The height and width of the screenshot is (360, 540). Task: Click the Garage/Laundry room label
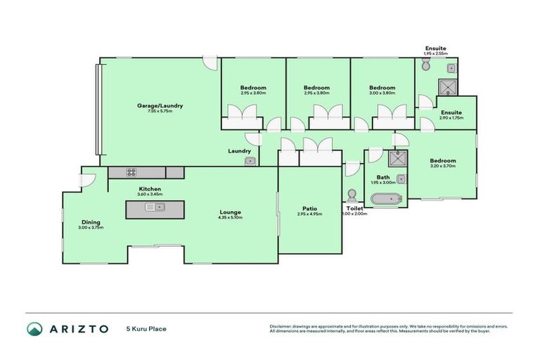point(160,105)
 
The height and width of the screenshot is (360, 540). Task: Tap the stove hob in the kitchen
point(131,172)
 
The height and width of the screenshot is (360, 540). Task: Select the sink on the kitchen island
point(153,207)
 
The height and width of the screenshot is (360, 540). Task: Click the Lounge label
point(230,212)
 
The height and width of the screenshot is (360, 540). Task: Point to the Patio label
point(309,208)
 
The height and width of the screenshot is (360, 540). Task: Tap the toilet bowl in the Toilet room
point(352,195)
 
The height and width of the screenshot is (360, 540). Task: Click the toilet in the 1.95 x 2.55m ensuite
point(425,66)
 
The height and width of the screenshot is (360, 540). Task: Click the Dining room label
point(91,221)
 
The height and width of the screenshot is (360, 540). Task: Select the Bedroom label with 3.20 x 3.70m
point(443,160)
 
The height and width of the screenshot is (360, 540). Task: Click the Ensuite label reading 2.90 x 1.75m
point(451,112)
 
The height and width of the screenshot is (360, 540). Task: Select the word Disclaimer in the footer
point(281,326)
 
